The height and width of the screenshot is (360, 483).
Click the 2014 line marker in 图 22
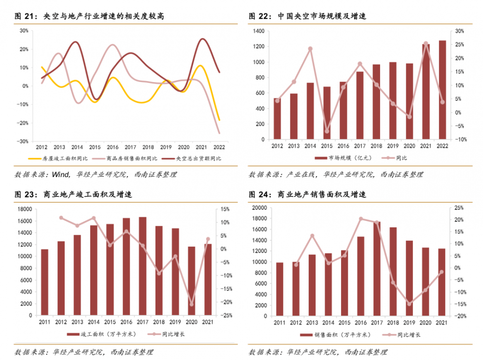tap(310, 49)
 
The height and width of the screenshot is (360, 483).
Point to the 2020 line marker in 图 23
tap(192, 305)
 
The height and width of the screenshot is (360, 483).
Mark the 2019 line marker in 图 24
tap(409, 304)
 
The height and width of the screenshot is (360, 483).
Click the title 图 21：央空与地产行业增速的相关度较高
tap(90, 16)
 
